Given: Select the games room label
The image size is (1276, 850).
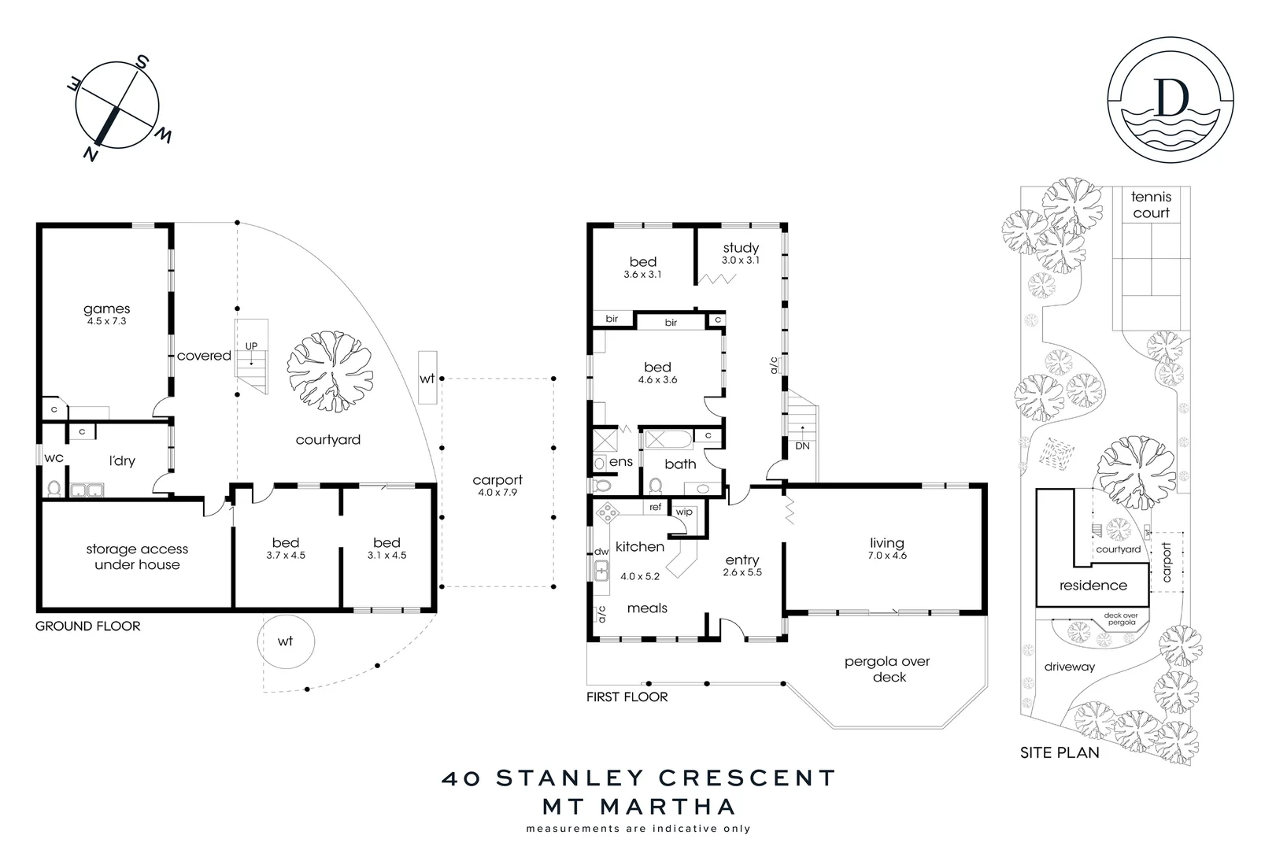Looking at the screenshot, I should click(106, 309).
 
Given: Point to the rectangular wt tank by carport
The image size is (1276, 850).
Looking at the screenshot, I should click(427, 378).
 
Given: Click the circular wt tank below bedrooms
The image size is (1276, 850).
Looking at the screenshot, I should click(285, 641).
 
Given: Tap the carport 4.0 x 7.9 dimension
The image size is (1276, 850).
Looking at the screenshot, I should click(497, 493).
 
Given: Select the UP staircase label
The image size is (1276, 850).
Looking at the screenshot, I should click(251, 346).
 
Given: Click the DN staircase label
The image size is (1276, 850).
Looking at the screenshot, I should click(802, 445).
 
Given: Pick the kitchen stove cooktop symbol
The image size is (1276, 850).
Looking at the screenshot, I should click(609, 514).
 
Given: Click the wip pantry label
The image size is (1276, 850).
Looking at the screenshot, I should click(684, 512).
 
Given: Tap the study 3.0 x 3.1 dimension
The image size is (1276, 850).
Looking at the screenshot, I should click(741, 261).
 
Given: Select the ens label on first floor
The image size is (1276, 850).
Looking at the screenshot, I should click(621, 462).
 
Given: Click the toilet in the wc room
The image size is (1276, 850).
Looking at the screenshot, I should click(54, 488).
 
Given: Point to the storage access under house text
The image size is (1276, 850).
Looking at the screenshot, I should click(137, 556).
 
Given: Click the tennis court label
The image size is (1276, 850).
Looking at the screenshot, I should click(1151, 205).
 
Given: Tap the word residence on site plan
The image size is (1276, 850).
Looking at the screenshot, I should click(1093, 586).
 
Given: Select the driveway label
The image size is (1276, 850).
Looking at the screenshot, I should click(1069, 667).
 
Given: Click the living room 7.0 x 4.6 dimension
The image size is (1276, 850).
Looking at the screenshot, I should click(887, 556).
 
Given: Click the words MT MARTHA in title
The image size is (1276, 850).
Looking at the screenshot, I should click(638, 806).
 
